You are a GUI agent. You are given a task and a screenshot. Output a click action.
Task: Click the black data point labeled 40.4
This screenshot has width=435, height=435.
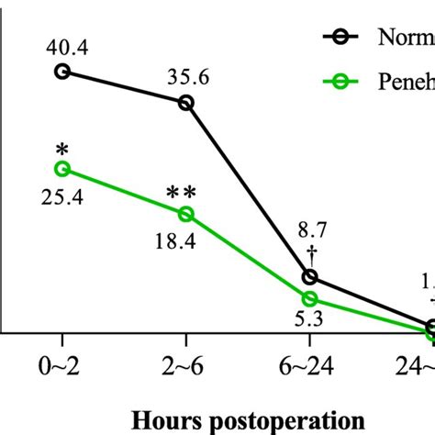click(62, 71)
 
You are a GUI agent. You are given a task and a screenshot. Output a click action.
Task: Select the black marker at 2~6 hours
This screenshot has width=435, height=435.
click(186, 103)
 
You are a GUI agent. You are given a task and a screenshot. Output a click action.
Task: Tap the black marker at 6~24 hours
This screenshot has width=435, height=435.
click(310, 277)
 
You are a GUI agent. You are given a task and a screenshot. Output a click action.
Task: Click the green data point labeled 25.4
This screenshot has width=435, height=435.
click(62, 168)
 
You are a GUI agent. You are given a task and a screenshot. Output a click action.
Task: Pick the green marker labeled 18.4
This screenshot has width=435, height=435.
click(186, 214)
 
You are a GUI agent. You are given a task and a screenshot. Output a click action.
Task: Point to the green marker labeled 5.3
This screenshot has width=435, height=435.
click(310, 298)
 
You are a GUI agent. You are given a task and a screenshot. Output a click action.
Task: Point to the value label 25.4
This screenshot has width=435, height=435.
click(63, 195)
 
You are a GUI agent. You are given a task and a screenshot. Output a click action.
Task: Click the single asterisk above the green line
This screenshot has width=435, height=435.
click(62, 148)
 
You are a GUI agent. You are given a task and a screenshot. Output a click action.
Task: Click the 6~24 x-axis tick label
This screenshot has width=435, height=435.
click(310, 365)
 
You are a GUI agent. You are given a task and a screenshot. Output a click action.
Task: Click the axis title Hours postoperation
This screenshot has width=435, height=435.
click(247, 419)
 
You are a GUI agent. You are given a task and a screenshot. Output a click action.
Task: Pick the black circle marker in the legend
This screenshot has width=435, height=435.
click(340, 38)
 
